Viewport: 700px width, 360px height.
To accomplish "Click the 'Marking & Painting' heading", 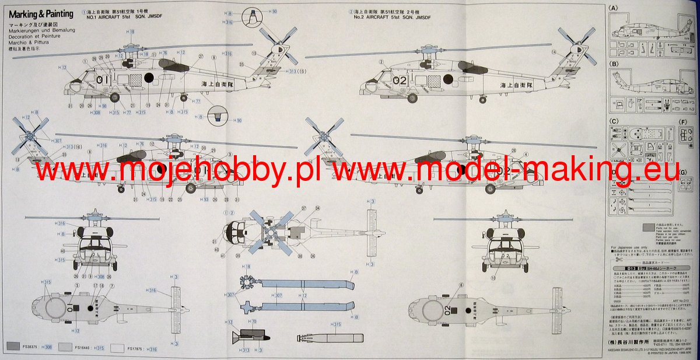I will [x=41, y=14].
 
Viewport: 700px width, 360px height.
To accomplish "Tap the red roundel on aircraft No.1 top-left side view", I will [x=148, y=78].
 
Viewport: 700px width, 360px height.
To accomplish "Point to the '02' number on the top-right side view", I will [x=400, y=79].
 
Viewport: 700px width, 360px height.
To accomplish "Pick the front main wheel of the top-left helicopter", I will [x=115, y=97].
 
